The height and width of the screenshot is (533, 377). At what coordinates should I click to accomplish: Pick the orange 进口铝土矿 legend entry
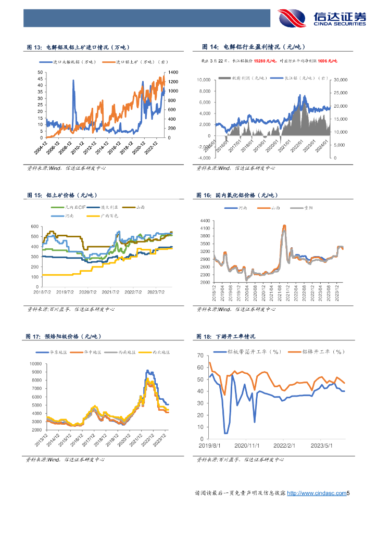(135, 62)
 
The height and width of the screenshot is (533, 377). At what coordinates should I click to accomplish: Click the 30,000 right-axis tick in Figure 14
(340, 80)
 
